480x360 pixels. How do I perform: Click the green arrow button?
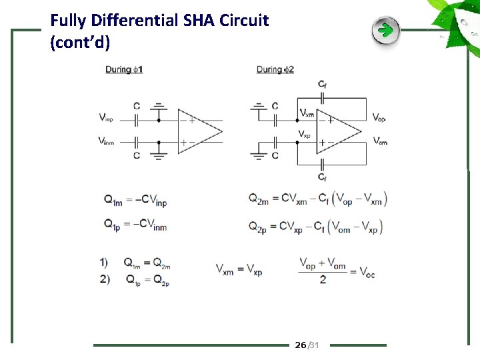pyautogui.click(x=385, y=31)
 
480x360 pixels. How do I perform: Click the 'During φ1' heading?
pyautogui.click(x=124, y=69)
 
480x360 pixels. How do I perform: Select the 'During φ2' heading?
pyautogui.click(x=275, y=69)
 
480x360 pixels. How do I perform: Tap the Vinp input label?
pyautogui.click(x=106, y=118)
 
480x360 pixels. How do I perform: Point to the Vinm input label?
pyautogui.click(x=106, y=141)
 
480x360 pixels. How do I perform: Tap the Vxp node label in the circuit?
pyautogui.click(x=305, y=134)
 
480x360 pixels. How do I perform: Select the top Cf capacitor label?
pyautogui.click(x=323, y=84)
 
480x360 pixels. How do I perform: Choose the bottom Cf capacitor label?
pyautogui.click(x=323, y=177)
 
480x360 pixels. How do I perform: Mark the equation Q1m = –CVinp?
pyautogui.click(x=135, y=199)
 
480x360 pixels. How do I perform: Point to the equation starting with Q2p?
pyautogui.click(x=317, y=227)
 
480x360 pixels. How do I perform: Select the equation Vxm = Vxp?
pyautogui.click(x=239, y=270)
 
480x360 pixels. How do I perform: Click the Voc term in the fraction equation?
pyautogui.click(x=367, y=272)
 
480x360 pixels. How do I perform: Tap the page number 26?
pyautogui.click(x=300, y=345)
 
